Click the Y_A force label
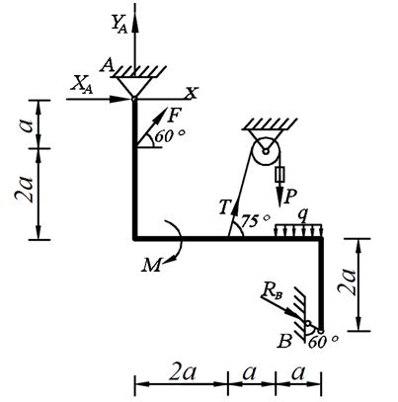(119, 24)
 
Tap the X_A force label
(82, 86)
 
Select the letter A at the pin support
(107, 66)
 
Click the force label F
(175, 116)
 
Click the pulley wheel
(266, 152)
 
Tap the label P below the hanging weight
(290, 198)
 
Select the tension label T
(225, 207)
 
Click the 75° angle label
(256, 221)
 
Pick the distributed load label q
(303, 215)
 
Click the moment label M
(152, 265)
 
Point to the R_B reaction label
(273, 290)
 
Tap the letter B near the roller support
(284, 341)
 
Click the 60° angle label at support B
(323, 342)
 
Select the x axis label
(192, 93)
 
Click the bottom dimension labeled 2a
(183, 373)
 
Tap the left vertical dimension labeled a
(29, 125)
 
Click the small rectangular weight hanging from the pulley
(280, 174)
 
